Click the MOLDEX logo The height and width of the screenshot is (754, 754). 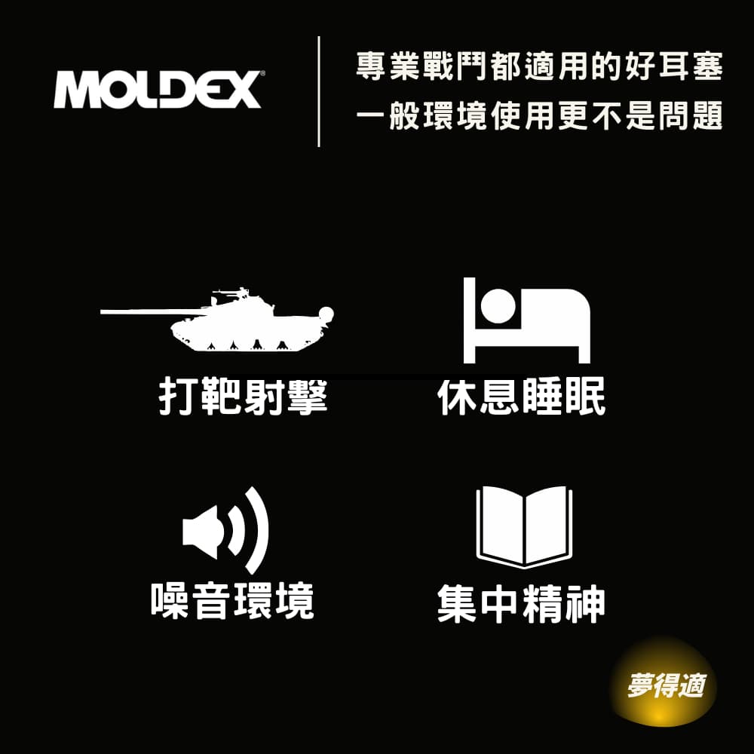point(158,90)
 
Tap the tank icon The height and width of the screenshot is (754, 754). point(217,320)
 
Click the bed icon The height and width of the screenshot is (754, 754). point(526,320)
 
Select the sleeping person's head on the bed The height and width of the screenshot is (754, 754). point(498,306)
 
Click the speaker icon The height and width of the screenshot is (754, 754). point(225,530)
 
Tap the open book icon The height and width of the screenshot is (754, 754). point(524,527)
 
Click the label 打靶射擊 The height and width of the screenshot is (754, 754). point(244,397)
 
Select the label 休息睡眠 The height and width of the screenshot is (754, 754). point(522,397)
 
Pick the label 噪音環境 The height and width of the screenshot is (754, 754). point(233,601)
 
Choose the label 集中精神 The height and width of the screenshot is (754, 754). point(521,603)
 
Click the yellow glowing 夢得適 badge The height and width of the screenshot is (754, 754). point(664,685)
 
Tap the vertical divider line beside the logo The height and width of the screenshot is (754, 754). point(319,91)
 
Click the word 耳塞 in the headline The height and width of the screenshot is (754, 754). point(691,66)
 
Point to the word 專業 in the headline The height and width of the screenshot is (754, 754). point(388,66)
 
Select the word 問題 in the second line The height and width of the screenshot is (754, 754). point(691,115)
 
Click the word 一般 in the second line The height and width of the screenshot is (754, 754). point(388,115)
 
